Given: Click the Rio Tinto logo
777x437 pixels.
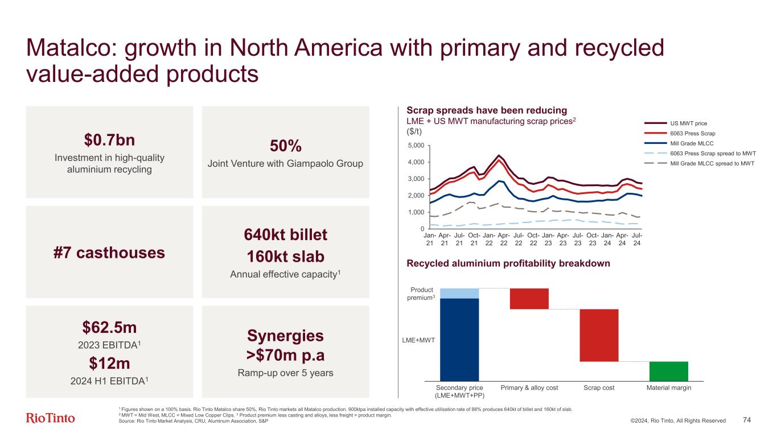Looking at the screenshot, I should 51,418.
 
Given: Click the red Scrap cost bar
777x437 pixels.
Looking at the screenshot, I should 599,335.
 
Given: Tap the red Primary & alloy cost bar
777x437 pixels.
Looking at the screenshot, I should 529,299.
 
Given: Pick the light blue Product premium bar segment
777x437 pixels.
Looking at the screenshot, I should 459,293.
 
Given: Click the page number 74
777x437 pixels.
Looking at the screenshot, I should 747,420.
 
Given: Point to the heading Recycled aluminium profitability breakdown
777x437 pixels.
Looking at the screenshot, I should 508,263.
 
